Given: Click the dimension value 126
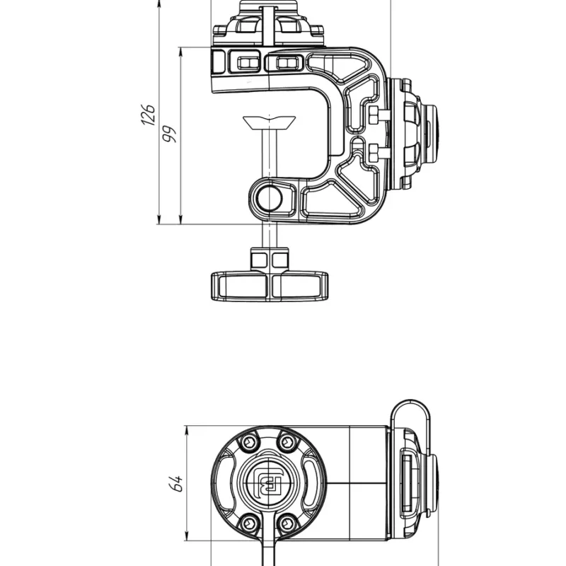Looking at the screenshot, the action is click(148, 115).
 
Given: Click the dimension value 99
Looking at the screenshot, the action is click(169, 134).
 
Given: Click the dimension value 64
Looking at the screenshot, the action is click(175, 483).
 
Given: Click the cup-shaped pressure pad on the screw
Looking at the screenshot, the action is click(270, 122).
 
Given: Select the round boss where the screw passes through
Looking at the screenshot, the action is click(270, 198).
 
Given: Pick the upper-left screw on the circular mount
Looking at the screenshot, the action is click(250, 441).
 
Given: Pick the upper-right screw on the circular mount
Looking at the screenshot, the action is click(288, 441).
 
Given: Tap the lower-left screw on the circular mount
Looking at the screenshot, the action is click(250, 522).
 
